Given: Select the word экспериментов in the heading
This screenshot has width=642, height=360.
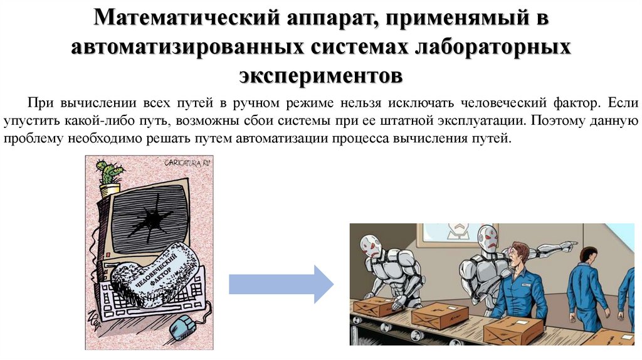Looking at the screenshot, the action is (x=320, y=75).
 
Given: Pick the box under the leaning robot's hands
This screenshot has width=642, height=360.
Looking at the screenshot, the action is (x=374, y=307).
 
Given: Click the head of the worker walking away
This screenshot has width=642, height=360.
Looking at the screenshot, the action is (x=587, y=254).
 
